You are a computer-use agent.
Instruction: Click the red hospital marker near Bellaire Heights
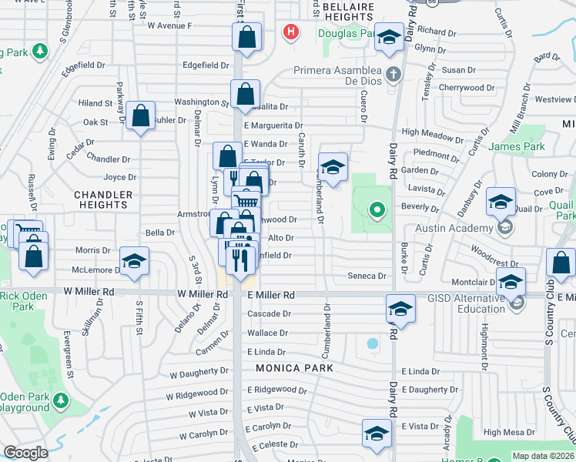(291, 32)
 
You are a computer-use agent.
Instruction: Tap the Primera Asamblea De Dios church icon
(393, 75)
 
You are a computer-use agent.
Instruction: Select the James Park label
(516, 146)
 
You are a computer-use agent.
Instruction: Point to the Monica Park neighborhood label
(295, 368)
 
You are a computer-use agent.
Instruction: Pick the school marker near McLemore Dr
(134, 261)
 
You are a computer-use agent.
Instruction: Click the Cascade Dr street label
(270, 314)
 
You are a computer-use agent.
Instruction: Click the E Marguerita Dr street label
(273, 126)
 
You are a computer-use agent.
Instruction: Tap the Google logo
(25, 453)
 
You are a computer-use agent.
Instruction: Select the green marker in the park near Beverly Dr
(377, 209)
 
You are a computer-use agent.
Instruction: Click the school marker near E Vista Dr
(376, 433)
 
